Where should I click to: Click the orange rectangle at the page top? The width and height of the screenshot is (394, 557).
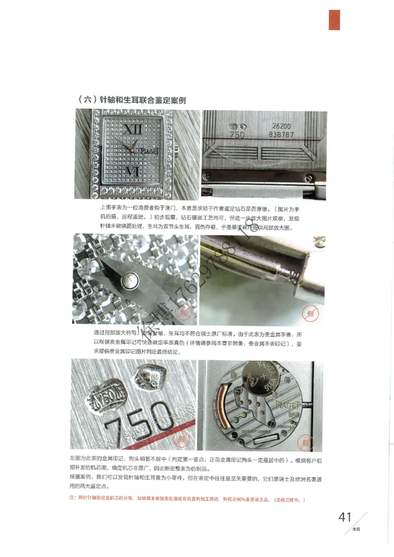pos(334,20)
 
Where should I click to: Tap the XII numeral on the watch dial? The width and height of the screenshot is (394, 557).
pos(132,130)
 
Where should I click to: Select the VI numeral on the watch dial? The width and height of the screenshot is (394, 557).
pos(133,171)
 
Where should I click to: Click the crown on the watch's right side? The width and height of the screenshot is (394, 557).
pos(176,149)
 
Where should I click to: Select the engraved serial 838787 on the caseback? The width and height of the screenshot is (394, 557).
pos(281,134)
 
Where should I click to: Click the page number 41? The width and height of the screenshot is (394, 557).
pos(345,517)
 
